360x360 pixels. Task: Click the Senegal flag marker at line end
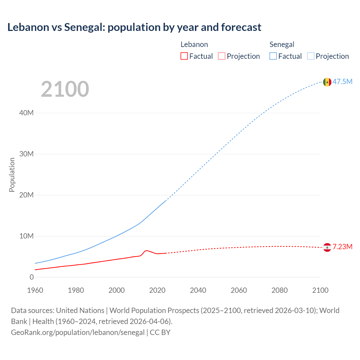click(x=327, y=82)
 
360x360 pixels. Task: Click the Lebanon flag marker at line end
click(x=327, y=247)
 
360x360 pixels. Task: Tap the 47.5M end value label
click(x=343, y=82)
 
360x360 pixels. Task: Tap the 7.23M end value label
click(x=343, y=247)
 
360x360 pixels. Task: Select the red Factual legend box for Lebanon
click(x=184, y=56)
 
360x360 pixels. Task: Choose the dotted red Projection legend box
click(x=222, y=56)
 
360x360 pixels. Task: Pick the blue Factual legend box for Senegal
click(x=273, y=56)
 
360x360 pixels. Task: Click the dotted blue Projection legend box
click(x=311, y=56)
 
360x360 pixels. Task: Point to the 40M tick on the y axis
click(x=26, y=113)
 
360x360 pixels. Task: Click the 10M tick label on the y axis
click(x=26, y=236)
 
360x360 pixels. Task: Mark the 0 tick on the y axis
click(x=31, y=277)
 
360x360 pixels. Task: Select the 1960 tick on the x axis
click(x=35, y=290)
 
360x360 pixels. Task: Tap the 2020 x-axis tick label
click(x=157, y=290)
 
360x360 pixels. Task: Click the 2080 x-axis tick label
click(x=280, y=290)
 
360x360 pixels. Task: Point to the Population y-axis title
click(x=12, y=175)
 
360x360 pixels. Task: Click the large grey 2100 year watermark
click(x=65, y=89)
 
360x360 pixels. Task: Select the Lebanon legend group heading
click(x=194, y=44)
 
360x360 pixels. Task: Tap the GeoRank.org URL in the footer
click(x=78, y=332)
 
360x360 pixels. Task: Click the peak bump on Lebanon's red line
click(x=147, y=250)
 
